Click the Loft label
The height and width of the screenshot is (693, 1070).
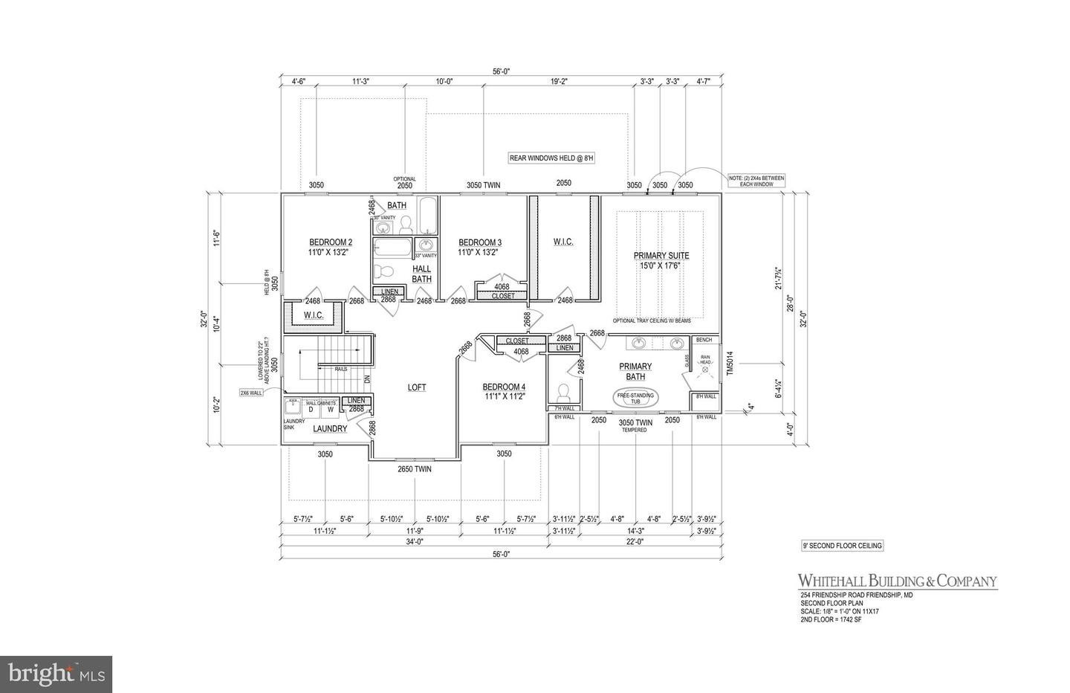417,387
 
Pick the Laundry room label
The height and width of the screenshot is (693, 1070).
330,429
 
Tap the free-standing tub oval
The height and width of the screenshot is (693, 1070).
635,399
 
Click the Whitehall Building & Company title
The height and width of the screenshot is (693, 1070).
897,581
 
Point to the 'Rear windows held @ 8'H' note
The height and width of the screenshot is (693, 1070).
553,158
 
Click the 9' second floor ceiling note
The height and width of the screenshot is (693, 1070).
842,546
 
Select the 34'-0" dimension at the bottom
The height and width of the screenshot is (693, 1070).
413,542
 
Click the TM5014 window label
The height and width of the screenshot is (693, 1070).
729,364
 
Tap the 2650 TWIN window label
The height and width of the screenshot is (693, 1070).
414,469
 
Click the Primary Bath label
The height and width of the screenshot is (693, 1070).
635,371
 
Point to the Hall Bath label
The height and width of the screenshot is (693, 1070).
421,274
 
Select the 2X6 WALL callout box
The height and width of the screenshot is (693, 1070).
252,392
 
